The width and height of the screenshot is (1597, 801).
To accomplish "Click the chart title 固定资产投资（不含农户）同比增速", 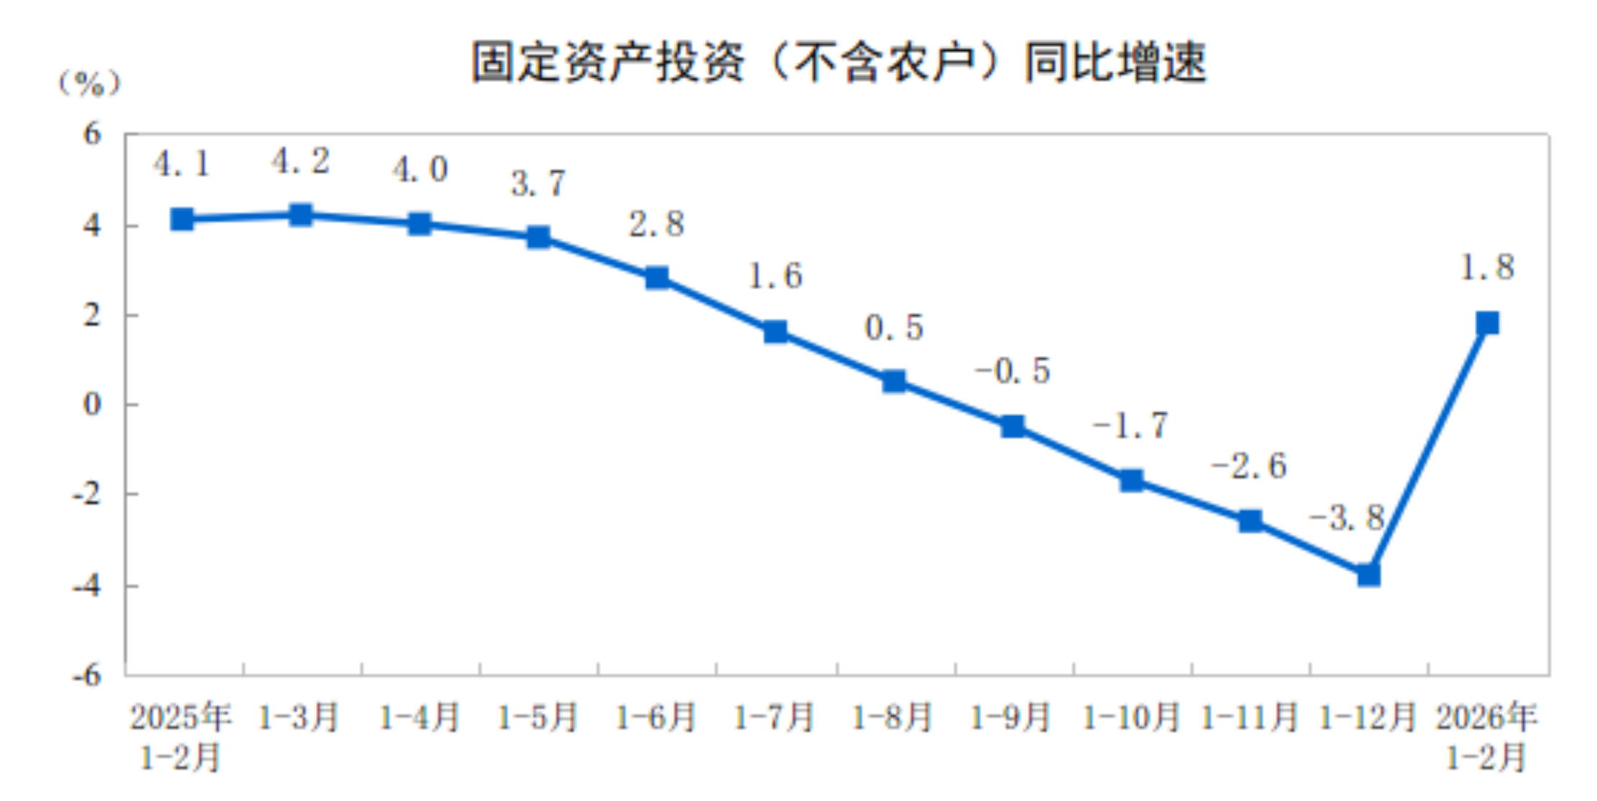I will pos(839,62).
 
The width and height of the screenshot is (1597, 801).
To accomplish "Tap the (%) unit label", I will pos(89,84).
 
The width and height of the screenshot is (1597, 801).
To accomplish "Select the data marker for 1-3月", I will pos(301,215).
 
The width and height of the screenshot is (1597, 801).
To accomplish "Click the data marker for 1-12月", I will pos(1369,574).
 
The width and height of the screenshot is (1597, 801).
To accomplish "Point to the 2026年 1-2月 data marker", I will pos(1487,323).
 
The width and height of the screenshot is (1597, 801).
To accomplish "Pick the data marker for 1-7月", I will pos(775,331).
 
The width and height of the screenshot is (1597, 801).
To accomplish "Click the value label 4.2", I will pos(301,161).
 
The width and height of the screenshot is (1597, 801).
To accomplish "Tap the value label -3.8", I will pos(1346,517).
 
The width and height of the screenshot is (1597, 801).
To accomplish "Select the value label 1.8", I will pos(1487,267).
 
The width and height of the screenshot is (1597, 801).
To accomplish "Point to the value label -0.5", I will pos(1013,371).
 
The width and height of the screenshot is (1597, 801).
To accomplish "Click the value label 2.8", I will pos(656,224).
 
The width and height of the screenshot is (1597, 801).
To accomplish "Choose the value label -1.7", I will pos(1130,426).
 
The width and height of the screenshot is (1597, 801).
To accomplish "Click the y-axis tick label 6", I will pos(92,134).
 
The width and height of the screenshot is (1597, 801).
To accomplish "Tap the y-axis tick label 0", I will pos(92,404).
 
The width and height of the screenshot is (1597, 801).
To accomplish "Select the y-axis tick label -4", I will pos(86,585).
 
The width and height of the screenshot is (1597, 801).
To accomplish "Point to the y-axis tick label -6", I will pos(86,675).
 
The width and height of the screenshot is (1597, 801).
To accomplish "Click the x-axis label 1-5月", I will pos(538,717).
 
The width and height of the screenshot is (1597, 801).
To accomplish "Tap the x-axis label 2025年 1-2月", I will pos(180,736).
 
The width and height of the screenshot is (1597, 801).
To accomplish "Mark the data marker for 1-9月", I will pos(1013,426).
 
